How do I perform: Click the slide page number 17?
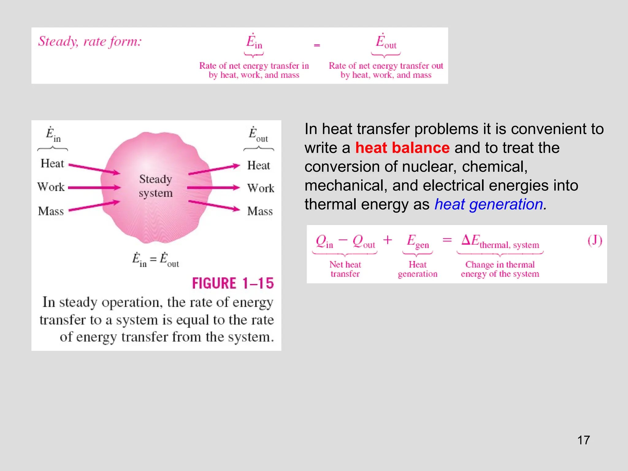click(x=583, y=440)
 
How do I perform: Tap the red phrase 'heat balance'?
click(x=402, y=148)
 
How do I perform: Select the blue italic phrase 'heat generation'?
click(x=489, y=204)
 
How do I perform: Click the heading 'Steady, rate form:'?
click(x=90, y=41)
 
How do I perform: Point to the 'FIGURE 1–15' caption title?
click(x=233, y=283)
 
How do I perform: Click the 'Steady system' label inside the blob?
click(x=156, y=186)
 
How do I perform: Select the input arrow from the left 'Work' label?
click(x=94, y=187)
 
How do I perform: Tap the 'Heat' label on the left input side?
click(x=52, y=163)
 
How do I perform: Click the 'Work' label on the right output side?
click(x=261, y=188)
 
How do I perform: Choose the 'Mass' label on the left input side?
click(x=51, y=211)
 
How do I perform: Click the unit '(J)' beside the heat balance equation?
click(x=595, y=241)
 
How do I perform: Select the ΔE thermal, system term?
click(x=500, y=241)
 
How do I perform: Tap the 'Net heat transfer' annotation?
click(x=345, y=269)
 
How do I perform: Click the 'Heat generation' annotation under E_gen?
click(x=417, y=269)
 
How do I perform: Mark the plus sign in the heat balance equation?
click(x=388, y=240)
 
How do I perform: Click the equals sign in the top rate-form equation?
click(x=317, y=45)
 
